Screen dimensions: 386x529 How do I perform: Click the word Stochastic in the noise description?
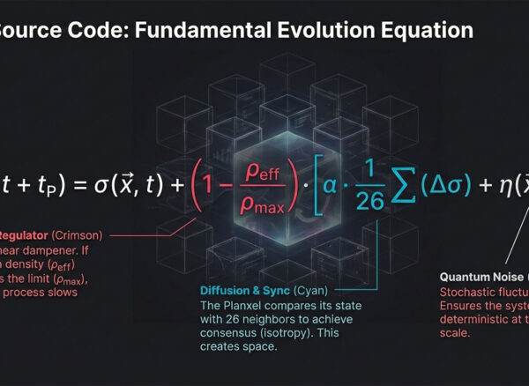coord(469,293)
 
